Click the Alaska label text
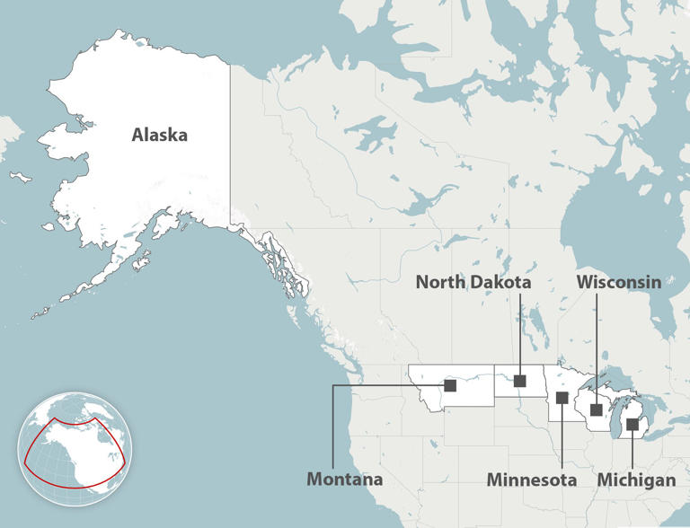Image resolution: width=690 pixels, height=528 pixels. coord(159,136)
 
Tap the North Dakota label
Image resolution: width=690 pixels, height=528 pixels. coord(473,282)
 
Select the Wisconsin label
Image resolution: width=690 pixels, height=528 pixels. coord(619,282)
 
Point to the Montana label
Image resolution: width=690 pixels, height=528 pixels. coord(345,479)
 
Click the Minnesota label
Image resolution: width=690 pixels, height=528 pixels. coord(532,480)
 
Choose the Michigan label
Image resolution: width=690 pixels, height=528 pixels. coord(636,480)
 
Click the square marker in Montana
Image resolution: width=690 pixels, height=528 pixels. coord(450,385)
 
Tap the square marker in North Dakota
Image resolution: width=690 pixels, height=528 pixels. coord(519,381)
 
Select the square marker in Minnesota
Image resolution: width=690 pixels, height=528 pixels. coord(562,398)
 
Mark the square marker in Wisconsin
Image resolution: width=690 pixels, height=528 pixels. coord(597,410)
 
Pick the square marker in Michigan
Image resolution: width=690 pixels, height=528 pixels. coord(632,424)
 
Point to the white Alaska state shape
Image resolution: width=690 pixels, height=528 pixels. coord(135,189)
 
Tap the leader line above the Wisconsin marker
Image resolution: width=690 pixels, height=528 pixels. coord(597,350)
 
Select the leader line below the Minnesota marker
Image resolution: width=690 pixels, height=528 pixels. coord(562,436)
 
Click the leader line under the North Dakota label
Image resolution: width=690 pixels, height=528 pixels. coord(519,332)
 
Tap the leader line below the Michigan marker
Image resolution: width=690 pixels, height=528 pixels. coord(632,449)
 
